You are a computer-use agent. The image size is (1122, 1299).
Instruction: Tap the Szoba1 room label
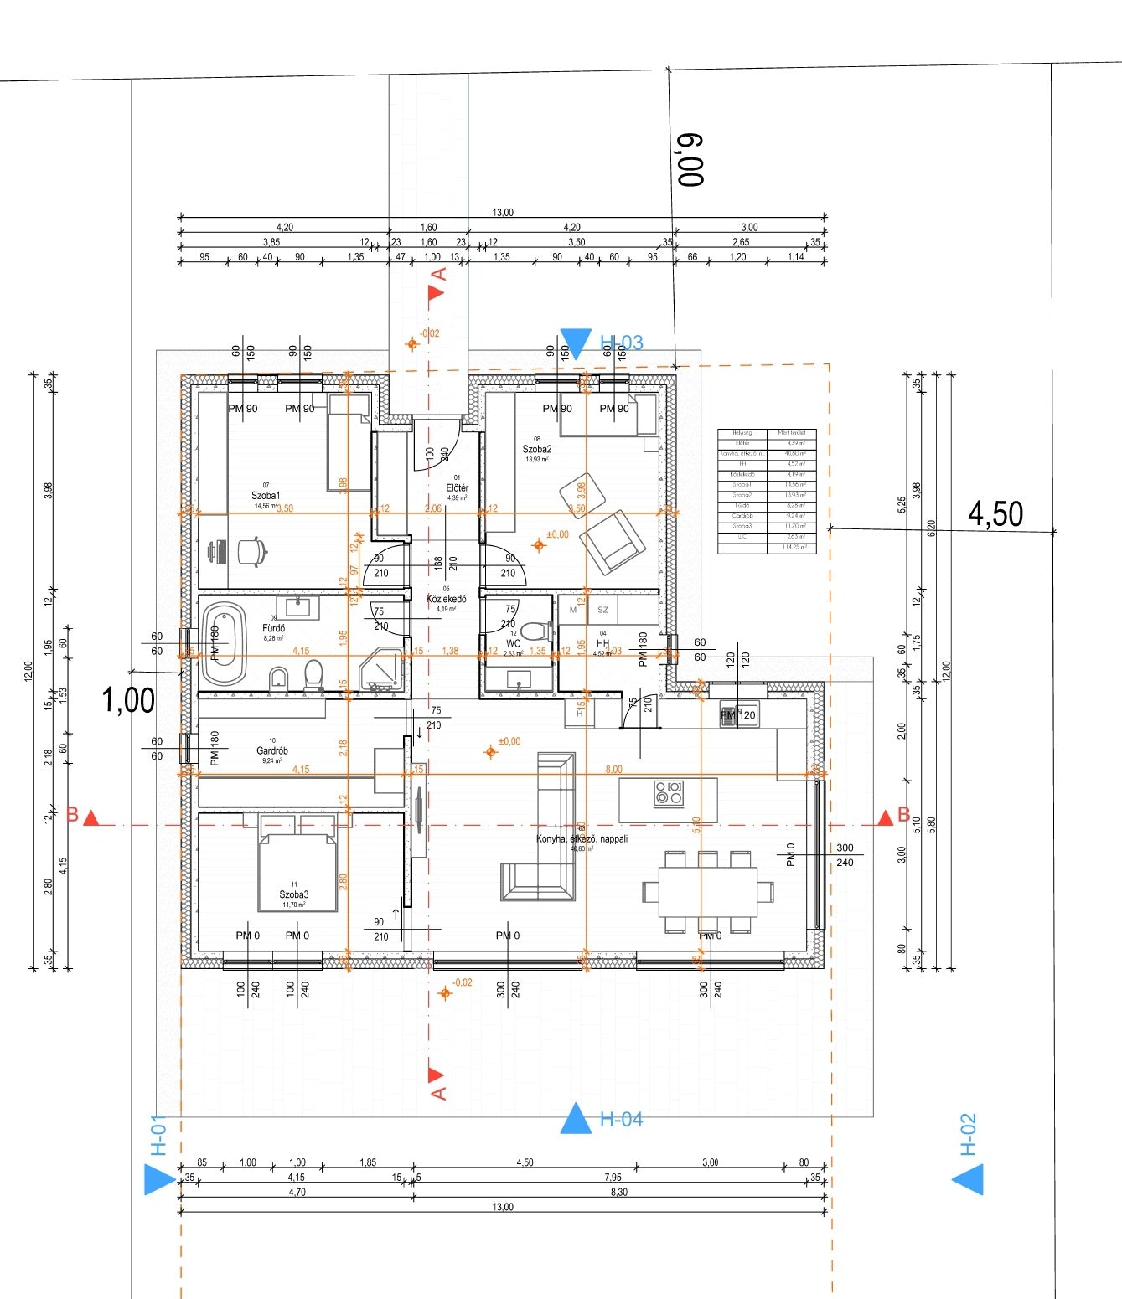coord(266,496)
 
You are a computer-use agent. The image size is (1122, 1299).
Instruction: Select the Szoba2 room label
coord(537,449)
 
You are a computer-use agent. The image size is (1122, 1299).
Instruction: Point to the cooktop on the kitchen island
coord(669,792)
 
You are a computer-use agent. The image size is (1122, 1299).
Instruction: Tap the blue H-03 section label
coord(621,343)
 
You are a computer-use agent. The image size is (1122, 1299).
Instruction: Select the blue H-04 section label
coord(621,1119)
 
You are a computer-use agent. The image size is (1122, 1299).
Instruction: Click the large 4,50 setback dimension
coord(995,513)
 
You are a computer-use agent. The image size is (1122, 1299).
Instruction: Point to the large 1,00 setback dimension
coord(128,700)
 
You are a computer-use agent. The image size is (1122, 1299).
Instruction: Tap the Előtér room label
coord(457,487)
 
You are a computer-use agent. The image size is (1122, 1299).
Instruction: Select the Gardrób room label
coord(272,750)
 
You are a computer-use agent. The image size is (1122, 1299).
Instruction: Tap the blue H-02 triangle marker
coord(967,1181)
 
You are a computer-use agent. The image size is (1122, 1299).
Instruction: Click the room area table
coord(767,491)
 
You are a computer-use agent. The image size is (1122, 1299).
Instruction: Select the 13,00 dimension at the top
coord(503,213)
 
